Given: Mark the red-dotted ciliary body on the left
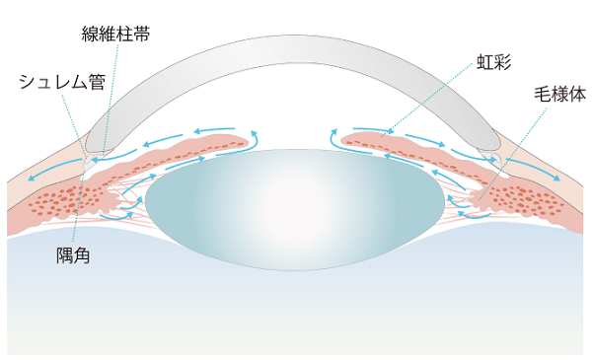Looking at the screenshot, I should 69,202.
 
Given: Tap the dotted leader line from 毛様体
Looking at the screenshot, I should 513,148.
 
